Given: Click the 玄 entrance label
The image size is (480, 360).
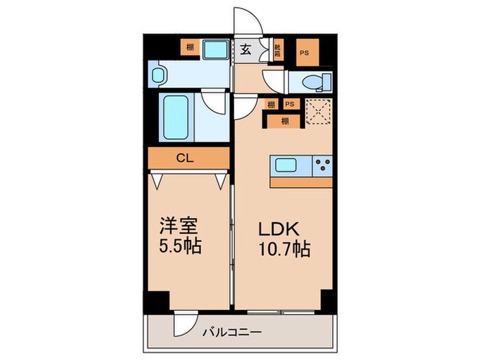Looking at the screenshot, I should [x=245, y=49].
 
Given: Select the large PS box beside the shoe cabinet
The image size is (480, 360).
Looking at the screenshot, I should [x=302, y=51].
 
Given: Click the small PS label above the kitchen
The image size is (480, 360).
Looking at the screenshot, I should [x=289, y=104].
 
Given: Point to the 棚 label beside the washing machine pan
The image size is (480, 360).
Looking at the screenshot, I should [x=188, y=48].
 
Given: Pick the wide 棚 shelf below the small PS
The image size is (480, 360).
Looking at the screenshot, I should [x=284, y=121].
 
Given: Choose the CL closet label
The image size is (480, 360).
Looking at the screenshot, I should [x=184, y=158].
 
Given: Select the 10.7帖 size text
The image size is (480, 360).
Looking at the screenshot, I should [x=283, y=248].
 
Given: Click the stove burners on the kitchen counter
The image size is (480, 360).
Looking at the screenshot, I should [x=322, y=165].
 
